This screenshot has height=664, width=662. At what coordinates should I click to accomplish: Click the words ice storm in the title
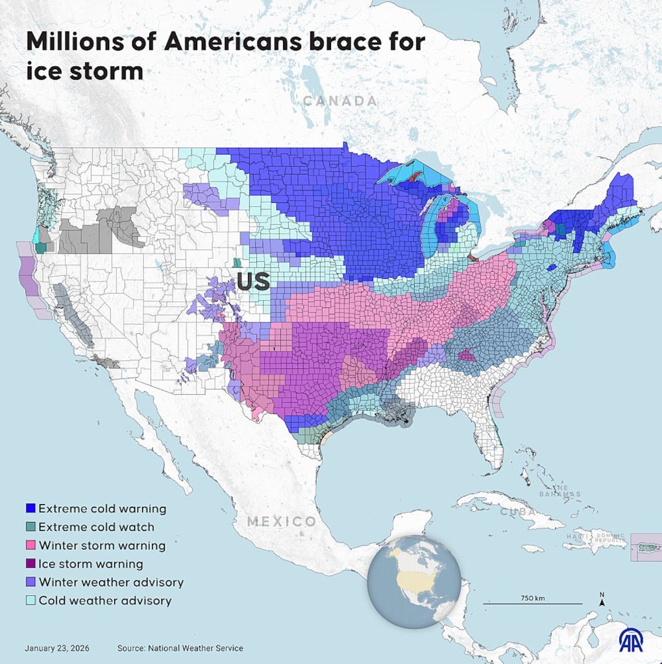click(85, 71)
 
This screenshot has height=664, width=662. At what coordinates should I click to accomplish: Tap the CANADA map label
click(340, 101)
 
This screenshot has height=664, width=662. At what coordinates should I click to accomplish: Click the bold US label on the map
click(253, 283)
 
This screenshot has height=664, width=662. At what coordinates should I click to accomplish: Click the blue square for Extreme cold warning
click(30, 508)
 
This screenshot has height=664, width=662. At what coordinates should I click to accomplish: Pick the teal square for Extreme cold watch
click(30, 527)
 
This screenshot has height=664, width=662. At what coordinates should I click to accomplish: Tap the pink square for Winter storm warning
click(30, 545)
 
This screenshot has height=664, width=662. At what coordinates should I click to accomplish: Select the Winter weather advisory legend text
click(111, 582)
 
